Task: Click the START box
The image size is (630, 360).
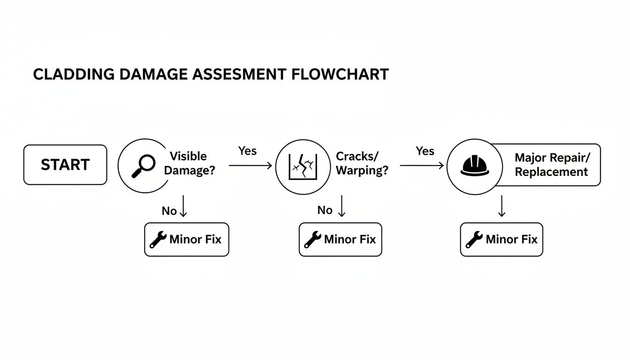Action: click(65, 165)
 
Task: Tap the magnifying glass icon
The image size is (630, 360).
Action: click(143, 166)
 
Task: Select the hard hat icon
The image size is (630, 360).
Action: click(475, 166)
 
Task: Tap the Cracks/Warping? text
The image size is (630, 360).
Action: click(362, 163)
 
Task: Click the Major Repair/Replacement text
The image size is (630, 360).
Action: click(551, 165)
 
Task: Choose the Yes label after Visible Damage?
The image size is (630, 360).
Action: click(247, 150)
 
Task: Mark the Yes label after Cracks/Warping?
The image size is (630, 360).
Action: click(425, 151)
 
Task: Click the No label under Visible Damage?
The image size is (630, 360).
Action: click(169, 211)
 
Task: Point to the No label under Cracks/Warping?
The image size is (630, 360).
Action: click(325, 210)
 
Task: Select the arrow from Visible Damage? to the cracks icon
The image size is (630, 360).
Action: click(250, 165)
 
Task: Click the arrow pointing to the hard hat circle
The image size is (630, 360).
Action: click(421, 165)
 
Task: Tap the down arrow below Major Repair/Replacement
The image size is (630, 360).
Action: click(502, 206)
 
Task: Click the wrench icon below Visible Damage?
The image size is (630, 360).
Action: click(158, 240)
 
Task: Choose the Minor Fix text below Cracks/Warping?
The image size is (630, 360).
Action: click(350, 240)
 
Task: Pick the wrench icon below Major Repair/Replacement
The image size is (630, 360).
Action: click(474, 240)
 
